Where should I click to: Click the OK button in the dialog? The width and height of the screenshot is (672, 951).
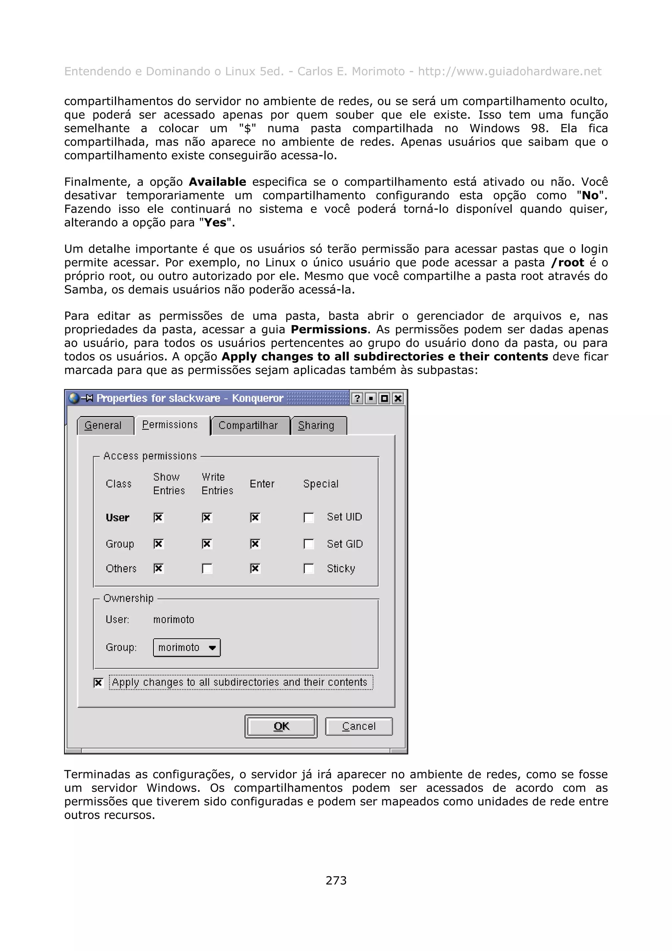click(281, 726)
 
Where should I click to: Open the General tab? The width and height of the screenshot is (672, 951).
click(103, 425)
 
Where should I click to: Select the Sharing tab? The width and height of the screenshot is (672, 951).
click(316, 425)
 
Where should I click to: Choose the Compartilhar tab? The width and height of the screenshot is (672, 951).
click(248, 425)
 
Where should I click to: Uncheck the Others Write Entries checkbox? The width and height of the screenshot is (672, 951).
click(207, 568)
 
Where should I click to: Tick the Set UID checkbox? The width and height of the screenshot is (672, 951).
click(308, 517)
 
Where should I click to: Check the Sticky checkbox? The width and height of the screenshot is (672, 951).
click(308, 568)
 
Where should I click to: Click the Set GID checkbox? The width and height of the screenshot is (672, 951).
click(308, 543)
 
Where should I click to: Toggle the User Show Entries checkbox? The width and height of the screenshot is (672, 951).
click(158, 517)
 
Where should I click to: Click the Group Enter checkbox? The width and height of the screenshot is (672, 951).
click(255, 543)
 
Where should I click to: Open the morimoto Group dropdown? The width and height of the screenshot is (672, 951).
click(186, 647)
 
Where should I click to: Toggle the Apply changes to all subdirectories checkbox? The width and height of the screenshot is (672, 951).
click(98, 682)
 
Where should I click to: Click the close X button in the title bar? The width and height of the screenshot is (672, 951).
click(398, 398)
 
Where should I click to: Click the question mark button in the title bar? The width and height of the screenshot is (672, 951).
click(357, 398)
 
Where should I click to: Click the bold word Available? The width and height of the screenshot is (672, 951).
click(217, 182)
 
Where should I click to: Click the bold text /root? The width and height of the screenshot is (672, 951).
click(567, 263)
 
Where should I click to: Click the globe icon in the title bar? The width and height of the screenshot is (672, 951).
click(74, 398)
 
